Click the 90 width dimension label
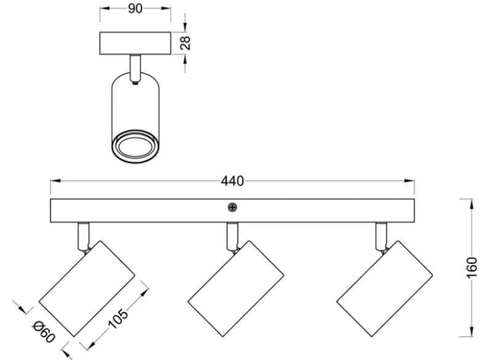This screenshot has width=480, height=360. tap(135, 9)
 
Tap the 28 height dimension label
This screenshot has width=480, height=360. tap(185, 43)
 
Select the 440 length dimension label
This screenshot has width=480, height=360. tap(233, 181)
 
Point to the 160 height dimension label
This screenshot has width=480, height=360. tap(472, 268)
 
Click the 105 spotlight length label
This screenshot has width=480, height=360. tap(118, 319)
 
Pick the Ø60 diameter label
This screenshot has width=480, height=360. tap(44, 332)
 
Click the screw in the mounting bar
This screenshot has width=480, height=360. tap(233, 207)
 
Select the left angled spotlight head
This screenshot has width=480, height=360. tap(87, 289)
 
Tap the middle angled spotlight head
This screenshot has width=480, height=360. tap(236, 289)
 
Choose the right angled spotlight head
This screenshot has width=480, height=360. tap(385, 289)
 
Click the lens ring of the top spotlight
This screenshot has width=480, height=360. tap(135, 145)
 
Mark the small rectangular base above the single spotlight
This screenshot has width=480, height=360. tap(135, 44)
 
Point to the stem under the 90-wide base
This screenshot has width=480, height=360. tap(135, 68)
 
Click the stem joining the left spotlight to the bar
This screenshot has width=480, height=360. tap(84, 236)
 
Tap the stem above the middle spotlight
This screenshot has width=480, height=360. tap(233, 236)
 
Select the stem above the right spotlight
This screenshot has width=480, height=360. tap(382, 236)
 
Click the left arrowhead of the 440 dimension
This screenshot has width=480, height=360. tap(55, 181)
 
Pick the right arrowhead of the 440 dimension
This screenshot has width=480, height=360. tap(409, 181)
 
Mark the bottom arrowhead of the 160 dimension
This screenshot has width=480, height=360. tap(470, 332)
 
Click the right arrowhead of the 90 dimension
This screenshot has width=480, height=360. tap(166, 9)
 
